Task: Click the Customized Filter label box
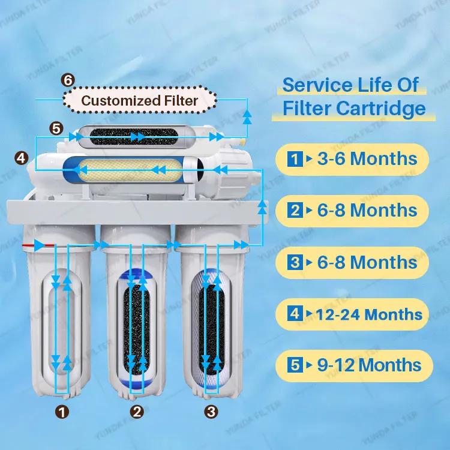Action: [139, 100]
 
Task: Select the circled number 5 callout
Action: [56, 128]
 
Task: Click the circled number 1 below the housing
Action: [61, 412]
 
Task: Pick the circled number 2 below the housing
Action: [137, 412]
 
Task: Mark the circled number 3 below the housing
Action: [211, 412]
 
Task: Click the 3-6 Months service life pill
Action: [352, 159]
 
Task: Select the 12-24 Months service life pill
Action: [352, 314]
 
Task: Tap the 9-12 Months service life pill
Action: [352, 365]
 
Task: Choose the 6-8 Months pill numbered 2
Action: [352, 211]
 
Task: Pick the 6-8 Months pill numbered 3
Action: [352, 262]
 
